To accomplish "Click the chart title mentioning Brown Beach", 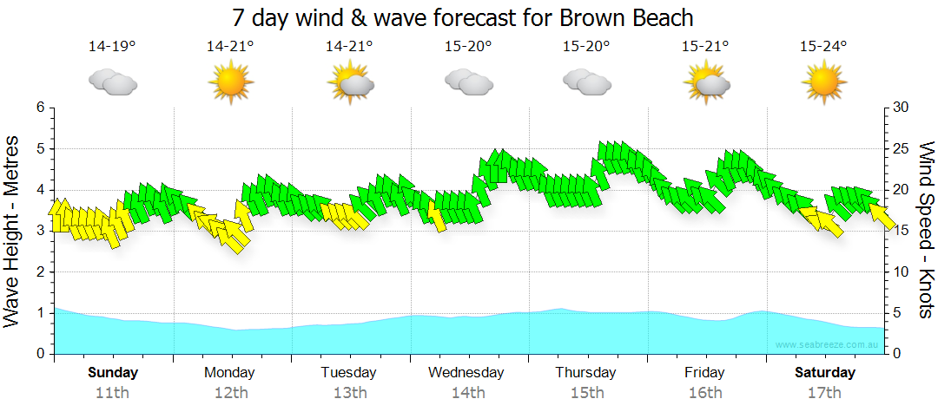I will (x=463, y=17).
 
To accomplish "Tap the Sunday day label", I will (x=113, y=373).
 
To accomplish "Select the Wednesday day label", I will (x=466, y=373).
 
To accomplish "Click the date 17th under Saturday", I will (x=825, y=392).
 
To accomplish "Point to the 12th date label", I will (x=230, y=392).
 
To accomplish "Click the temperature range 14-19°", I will (x=112, y=47).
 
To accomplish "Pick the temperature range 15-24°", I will (x=823, y=47).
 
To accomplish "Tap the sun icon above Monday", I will (x=230, y=83).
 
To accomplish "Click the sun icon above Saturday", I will (x=823, y=83).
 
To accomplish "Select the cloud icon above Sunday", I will (x=112, y=83).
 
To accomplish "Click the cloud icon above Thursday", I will (x=586, y=83).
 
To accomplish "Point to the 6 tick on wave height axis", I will (x=39, y=108).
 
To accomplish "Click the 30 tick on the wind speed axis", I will (x=901, y=108).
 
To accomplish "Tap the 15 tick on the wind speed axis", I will (x=901, y=231).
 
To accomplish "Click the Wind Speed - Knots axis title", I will (x=926, y=231).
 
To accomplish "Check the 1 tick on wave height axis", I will (x=39, y=313).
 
